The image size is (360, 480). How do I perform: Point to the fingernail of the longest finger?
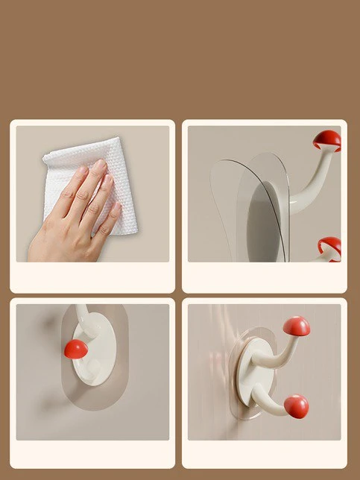(98, 166)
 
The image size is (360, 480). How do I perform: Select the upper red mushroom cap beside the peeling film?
(327, 139)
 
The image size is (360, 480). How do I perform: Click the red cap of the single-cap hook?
(74, 349)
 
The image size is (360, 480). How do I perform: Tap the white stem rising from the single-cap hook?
(83, 318)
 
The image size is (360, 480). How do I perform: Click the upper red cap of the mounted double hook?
(297, 326)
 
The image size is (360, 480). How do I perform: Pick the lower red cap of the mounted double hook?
(296, 405)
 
